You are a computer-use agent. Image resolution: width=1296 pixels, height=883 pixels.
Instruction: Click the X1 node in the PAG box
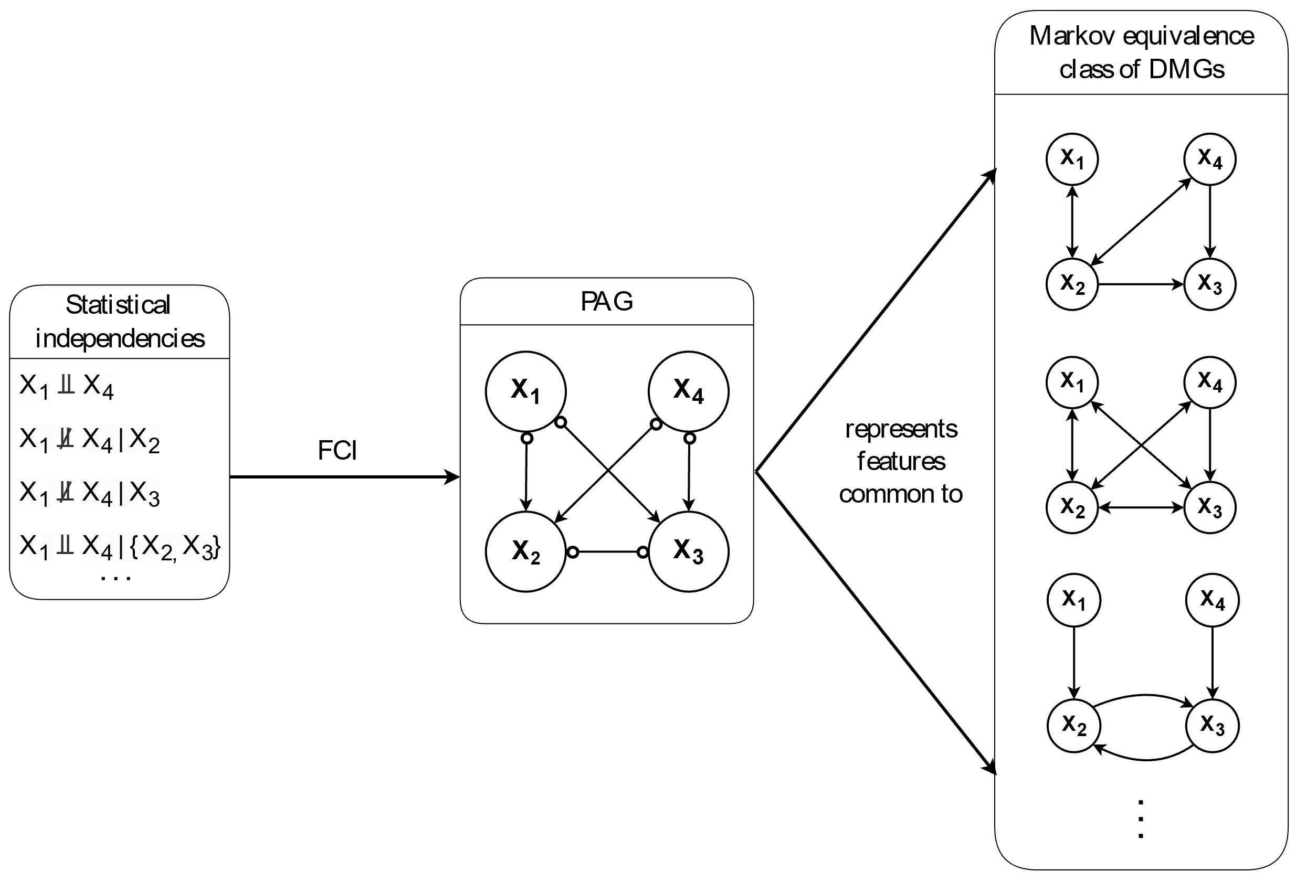[x=525, y=391]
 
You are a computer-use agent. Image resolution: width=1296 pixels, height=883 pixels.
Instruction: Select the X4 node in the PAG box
[x=688, y=391]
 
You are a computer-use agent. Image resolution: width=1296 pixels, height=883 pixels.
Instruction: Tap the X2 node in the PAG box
[x=525, y=551]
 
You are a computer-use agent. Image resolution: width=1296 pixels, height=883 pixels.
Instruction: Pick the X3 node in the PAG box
[x=688, y=551]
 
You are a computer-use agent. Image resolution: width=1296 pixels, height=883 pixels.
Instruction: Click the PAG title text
[x=607, y=302]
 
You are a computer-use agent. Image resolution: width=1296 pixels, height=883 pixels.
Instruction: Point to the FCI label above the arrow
[x=338, y=450]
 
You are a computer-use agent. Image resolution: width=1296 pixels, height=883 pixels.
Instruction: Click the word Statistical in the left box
[x=118, y=305]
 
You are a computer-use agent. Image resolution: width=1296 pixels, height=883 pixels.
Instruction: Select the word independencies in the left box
[x=120, y=338]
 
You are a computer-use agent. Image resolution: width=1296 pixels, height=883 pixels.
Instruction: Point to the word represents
[x=901, y=429]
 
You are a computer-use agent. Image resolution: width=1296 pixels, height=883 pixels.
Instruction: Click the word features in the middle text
[x=901, y=462]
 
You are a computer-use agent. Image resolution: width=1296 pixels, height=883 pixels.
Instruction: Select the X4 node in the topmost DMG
[x=1209, y=159]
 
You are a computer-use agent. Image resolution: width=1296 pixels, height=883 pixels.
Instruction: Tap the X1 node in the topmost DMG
[x=1072, y=159]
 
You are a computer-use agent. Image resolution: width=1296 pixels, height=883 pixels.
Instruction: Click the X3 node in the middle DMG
[x=1209, y=507]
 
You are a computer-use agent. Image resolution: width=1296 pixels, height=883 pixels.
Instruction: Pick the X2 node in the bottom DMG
[x=1073, y=725]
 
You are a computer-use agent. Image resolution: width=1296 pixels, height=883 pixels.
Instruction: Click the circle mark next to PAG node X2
[x=573, y=552]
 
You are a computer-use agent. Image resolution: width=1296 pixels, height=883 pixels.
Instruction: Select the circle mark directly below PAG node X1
[x=526, y=438]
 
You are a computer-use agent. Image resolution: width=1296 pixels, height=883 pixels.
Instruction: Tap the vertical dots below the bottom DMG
[x=1141, y=820]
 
